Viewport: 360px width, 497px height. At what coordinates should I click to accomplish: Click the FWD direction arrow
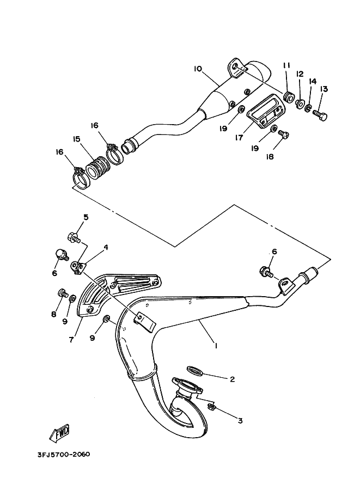(59, 433)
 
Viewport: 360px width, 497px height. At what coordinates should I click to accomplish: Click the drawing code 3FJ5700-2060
(64, 455)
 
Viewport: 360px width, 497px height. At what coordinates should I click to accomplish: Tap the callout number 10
(198, 69)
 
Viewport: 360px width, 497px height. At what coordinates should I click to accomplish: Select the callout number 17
(239, 137)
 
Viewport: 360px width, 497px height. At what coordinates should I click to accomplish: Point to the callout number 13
(324, 89)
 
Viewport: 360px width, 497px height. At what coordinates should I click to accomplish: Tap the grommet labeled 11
(288, 97)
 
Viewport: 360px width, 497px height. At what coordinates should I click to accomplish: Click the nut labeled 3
(211, 407)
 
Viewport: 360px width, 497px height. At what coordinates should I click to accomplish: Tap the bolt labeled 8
(63, 292)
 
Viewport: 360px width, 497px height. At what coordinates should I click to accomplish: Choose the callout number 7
(71, 340)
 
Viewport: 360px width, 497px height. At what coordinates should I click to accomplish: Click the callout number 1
(216, 346)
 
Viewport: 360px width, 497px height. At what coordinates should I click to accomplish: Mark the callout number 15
(76, 139)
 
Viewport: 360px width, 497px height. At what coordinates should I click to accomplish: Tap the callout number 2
(232, 379)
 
